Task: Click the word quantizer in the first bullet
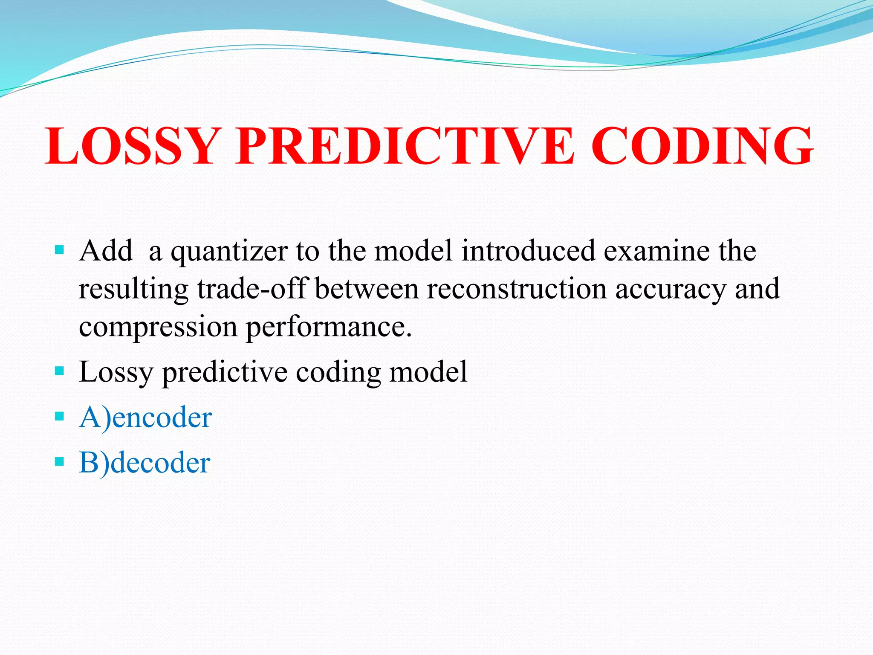pos(229,252)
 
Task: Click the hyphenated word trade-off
pos(251,289)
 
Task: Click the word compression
pos(158,327)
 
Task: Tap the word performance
pos(329,327)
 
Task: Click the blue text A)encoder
pos(145,417)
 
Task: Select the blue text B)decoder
pos(145,463)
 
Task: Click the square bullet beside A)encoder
pos(59,416)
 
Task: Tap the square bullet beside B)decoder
pos(59,461)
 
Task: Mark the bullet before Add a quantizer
pos(59,249)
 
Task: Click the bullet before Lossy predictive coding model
pos(59,371)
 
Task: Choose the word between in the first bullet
pos(367,289)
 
